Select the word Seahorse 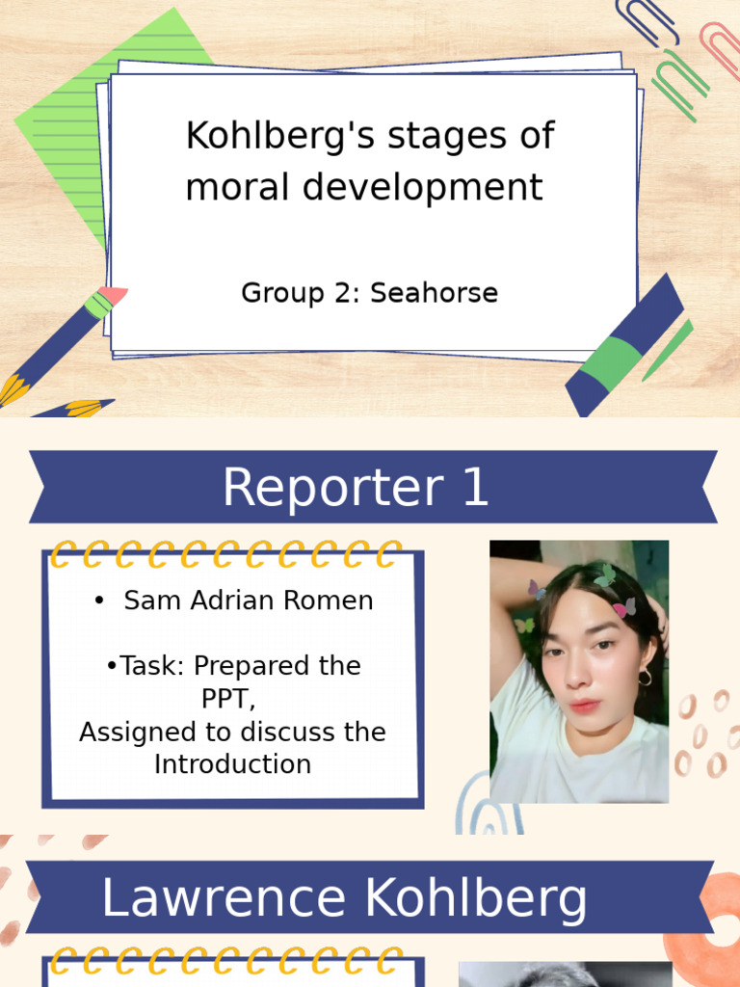tap(435, 293)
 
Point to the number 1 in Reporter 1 tap(475, 488)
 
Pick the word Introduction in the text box tap(232, 764)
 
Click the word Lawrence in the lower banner tap(223, 899)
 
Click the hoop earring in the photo tap(644, 678)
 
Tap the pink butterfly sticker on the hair tap(624, 607)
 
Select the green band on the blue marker tap(614, 360)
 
